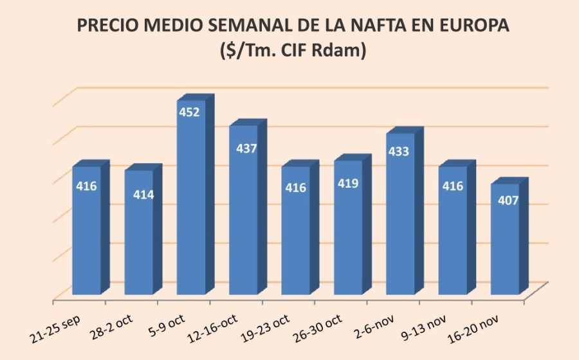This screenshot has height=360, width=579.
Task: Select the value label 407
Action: click(x=506, y=200)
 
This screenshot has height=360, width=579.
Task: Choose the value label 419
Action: click(x=348, y=183)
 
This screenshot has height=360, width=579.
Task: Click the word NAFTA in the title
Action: click(x=357, y=26)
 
